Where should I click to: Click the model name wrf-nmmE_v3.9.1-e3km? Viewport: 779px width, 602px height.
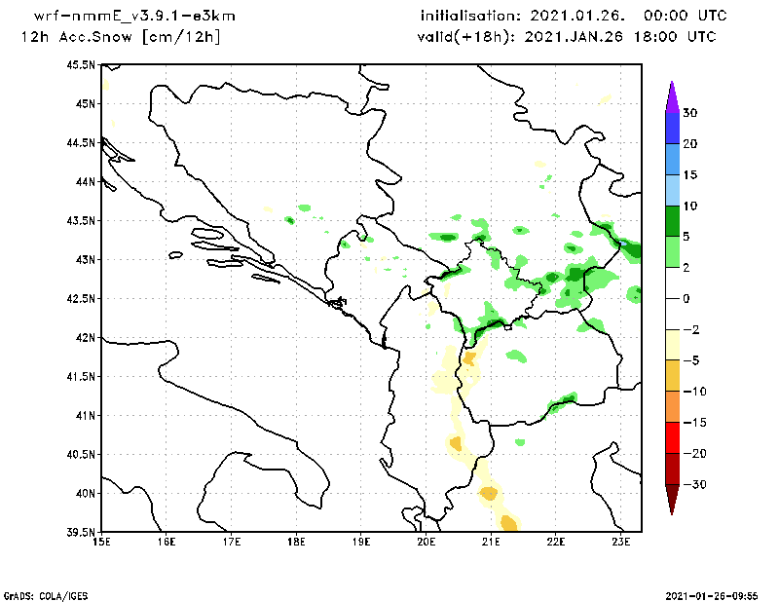click(x=134, y=17)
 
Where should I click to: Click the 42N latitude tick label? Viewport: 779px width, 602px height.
click(x=85, y=337)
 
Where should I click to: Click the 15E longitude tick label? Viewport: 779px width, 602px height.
click(x=100, y=541)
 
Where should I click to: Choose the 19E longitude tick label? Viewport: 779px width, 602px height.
click(x=361, y=541)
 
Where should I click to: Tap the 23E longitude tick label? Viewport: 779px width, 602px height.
click(x=622, y=541)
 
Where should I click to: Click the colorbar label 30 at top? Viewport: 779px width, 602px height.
click(x=688, y=113)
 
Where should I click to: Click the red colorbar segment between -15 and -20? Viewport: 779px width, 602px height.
click(x=671, y=437)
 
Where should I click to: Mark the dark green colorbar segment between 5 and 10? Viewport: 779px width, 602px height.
click(x=671, y=221)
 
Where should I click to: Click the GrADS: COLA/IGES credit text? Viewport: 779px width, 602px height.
click(x=37, y=594)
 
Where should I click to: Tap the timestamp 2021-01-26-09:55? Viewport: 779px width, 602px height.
click(x=719, y=594)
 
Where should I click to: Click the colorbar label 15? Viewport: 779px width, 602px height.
click(x=688, y=175)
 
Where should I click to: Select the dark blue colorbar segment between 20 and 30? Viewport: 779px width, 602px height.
click(x=671, y=128)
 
